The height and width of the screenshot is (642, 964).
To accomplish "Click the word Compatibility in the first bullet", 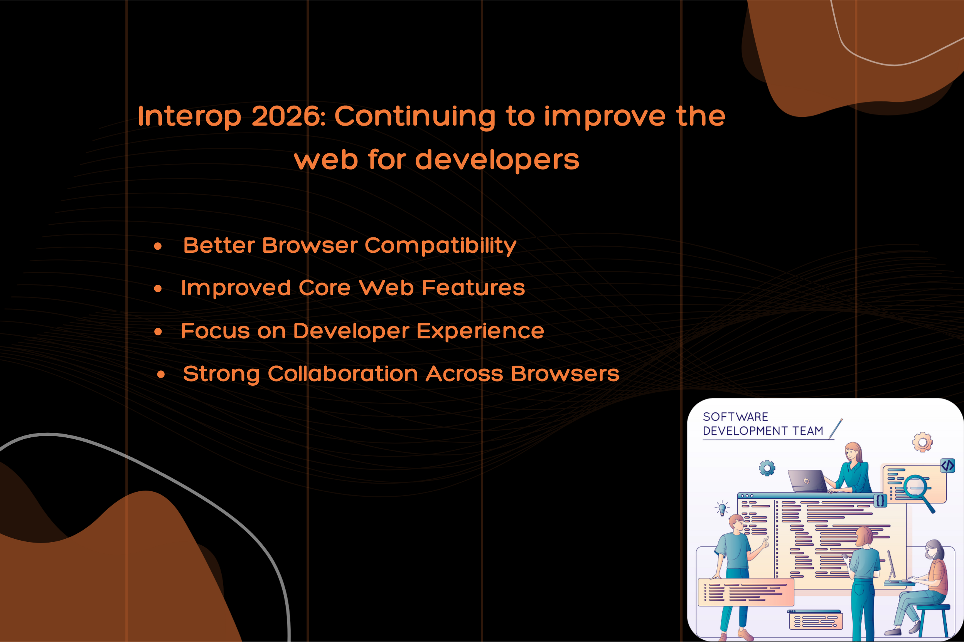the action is point(440,246).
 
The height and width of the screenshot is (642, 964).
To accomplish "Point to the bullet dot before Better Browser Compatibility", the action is point(158,246).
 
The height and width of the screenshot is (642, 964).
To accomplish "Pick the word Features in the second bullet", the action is point(473,287).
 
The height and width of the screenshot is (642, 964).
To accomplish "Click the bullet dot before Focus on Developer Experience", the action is point(158,332).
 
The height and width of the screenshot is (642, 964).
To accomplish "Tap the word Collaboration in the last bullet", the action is point(343,373).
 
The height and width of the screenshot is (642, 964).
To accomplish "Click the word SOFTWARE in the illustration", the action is point(735,417).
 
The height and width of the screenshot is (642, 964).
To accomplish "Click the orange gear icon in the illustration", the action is point(922,442).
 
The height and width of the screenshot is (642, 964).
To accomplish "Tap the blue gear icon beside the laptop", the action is point(767,468).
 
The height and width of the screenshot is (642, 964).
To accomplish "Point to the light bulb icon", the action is point(722,509).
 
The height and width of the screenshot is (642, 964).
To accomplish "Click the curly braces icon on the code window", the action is point(880,500).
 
